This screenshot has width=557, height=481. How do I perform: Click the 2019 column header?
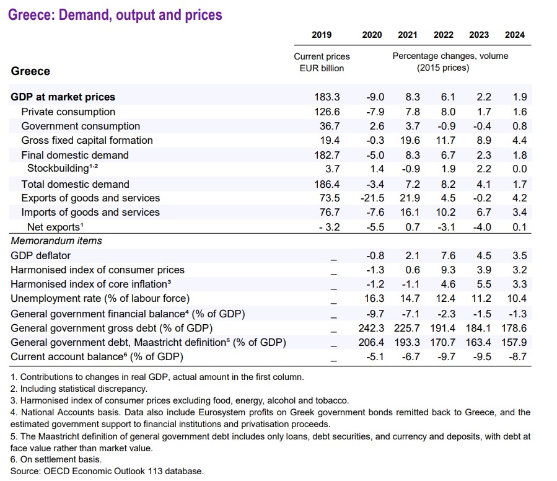(322, 35)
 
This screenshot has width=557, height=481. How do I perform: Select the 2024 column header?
(515, 35)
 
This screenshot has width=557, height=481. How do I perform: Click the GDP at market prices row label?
(63, 97)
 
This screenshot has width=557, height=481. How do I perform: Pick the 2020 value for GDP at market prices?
(374, 97)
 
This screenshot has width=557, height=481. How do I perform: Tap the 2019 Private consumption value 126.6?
(328, 112)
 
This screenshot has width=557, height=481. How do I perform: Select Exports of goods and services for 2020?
(372, 198)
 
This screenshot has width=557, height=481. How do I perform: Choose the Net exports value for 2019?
(329, 227)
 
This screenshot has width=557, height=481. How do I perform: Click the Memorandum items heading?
(56, 240)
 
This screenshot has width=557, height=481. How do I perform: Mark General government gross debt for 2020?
(372, 327)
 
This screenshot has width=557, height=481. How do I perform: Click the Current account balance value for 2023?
(481, 356)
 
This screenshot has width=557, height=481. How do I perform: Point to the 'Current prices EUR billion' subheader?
(322, 62)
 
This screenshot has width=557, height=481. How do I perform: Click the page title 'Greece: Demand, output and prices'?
(115, 14)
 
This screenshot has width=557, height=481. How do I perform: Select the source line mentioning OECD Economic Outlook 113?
(107, 471)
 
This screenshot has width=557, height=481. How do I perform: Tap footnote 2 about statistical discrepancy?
(79, 389)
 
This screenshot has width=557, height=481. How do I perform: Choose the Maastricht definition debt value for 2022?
(444, 342)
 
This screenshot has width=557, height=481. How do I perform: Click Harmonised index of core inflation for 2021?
(410, 284)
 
